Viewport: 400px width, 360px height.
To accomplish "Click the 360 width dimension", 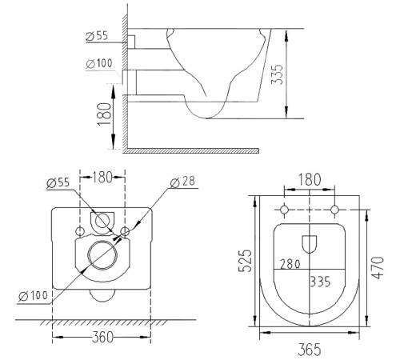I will click(101, 337).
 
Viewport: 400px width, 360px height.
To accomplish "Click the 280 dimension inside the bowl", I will click(289, 263).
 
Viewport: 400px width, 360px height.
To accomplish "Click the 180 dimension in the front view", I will click(102, 176).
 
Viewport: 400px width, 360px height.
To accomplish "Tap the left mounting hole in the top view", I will click(285, 210).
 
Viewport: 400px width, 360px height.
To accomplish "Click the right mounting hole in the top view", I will click(334, 210).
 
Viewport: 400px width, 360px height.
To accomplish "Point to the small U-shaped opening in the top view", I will click(310, 242).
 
